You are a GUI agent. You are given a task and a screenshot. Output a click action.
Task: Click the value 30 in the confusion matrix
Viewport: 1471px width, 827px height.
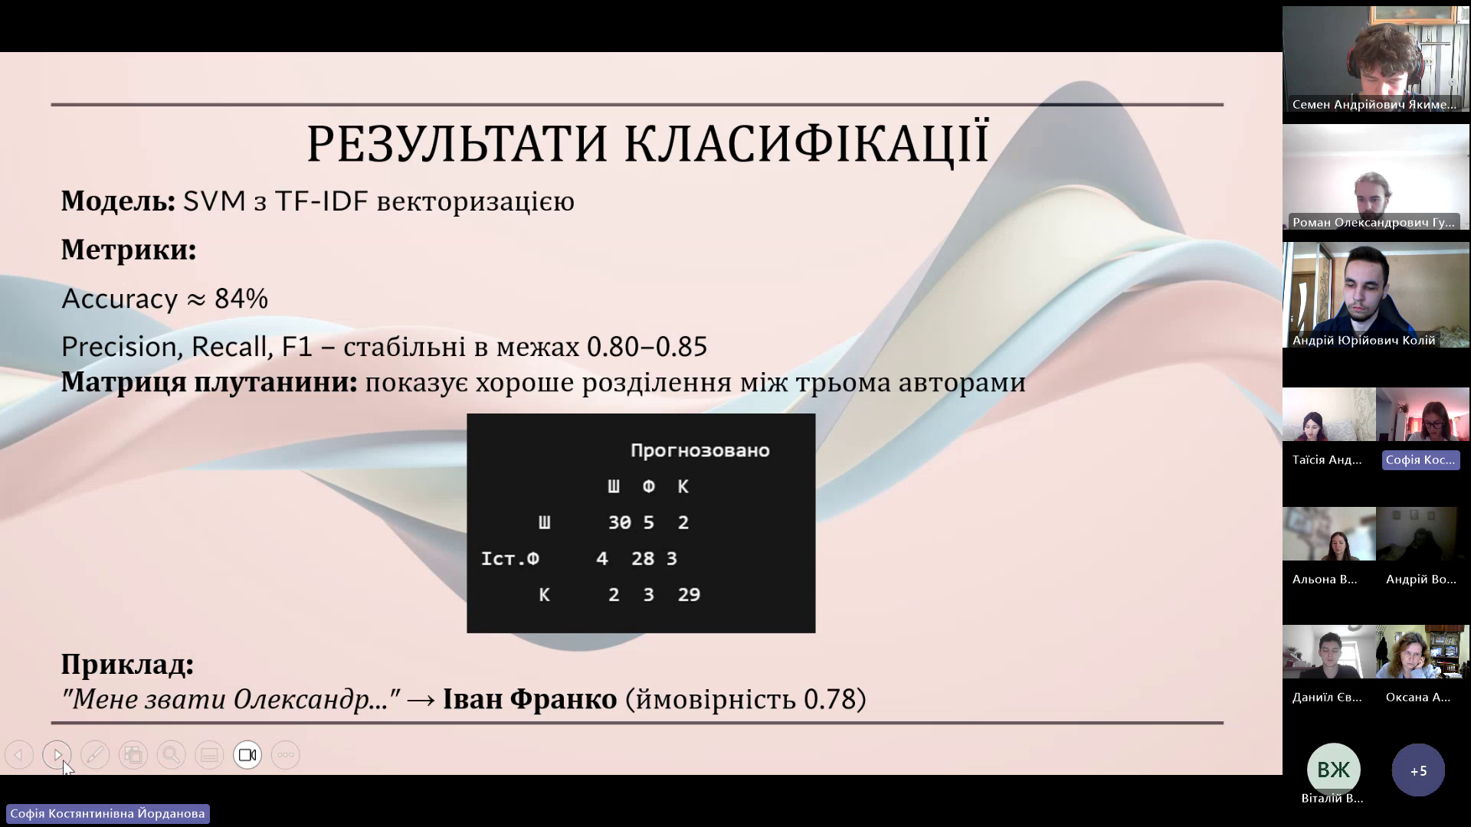coord(619,522)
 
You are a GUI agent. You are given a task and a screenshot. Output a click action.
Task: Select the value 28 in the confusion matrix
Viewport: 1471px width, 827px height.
coord(643,558)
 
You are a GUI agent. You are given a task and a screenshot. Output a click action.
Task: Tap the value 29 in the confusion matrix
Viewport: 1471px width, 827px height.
coord(689,594)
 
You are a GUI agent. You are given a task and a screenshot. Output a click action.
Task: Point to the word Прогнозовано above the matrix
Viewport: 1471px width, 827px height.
coord(699,450)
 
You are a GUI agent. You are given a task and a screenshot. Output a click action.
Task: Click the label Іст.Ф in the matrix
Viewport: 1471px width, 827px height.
coord(509,558)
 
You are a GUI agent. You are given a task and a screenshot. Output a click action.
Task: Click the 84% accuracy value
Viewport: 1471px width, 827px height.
coord(241,299)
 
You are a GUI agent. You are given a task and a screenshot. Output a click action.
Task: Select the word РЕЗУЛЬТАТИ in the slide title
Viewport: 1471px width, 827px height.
coord(457,143)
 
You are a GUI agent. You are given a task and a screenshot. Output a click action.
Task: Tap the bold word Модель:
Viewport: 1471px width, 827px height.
coord(119,201)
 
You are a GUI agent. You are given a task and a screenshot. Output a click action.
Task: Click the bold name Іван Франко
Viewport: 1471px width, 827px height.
coord(530,698)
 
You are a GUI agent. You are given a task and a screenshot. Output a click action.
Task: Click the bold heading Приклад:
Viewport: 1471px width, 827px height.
coord(127,665)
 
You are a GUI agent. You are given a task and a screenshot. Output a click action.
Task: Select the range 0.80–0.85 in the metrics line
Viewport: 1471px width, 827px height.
coord(647,347)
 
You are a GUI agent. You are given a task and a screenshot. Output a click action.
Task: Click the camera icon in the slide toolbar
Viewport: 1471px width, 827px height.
coord(247,755)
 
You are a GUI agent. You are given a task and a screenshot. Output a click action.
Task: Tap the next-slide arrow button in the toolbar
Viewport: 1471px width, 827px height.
coord(57,755)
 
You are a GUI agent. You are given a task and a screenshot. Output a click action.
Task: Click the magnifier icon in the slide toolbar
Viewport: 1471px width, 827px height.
coord(171,755)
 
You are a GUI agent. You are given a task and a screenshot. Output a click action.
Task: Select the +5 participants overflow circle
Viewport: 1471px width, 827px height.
coord(1418,770)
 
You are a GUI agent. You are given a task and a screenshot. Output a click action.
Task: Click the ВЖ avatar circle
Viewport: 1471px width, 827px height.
coord(1333,770)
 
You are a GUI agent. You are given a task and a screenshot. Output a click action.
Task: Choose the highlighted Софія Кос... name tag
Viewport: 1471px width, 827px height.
coord(1420,459)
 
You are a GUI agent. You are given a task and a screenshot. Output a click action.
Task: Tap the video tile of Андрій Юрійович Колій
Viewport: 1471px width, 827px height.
coord(1376,295)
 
